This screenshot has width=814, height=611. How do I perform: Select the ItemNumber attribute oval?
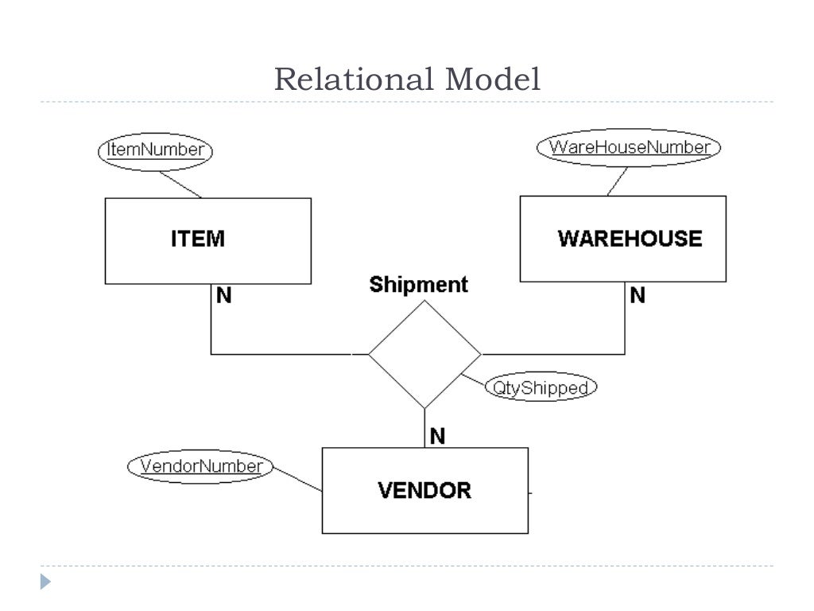point(156,150)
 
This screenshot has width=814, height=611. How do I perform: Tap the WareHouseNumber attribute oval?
point(629,147)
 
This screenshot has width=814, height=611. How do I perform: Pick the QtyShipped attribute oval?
point(541,387)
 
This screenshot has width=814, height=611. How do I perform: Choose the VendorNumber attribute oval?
point(200,466)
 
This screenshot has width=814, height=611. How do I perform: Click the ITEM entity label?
point(198,239)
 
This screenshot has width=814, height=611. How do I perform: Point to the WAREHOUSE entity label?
point(630,239)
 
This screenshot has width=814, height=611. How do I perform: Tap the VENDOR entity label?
point(424,490)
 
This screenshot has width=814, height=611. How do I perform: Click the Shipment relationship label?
point(419,285)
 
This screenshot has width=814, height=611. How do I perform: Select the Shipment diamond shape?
point(424,354)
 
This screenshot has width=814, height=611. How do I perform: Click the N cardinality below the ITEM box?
point(224,296)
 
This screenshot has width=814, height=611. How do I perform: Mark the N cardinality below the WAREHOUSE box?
point(638,296)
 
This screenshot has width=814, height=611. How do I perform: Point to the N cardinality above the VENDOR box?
point(437,435)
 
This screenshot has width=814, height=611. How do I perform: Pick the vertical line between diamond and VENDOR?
point(424,428)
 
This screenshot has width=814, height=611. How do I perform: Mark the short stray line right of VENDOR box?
point(530,493)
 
